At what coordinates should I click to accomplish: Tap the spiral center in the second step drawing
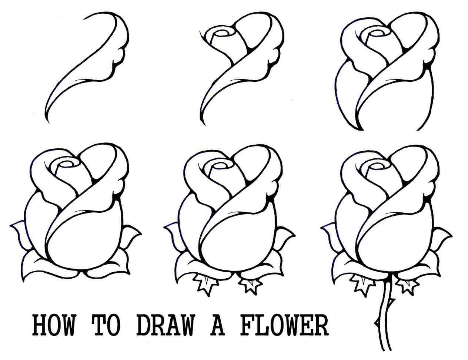222,34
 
